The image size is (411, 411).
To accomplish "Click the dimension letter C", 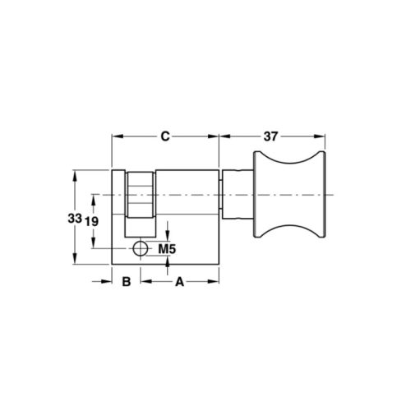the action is (x=165, y=136).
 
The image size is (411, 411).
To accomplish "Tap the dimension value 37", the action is (x=270, y=136).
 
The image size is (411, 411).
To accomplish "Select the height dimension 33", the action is (x=75, y=219).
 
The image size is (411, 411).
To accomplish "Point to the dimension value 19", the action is (x=91, y=221).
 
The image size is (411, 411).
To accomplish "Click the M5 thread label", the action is (x=167, y=249).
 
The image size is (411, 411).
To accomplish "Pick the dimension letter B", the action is (x=127, y=281).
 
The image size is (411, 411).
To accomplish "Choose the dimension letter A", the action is (x=179, y=281).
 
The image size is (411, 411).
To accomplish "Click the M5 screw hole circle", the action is (x=141, y=249).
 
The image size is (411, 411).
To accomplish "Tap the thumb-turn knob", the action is (x=289, y=195).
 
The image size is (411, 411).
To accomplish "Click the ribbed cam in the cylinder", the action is (x=141, y=195).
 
